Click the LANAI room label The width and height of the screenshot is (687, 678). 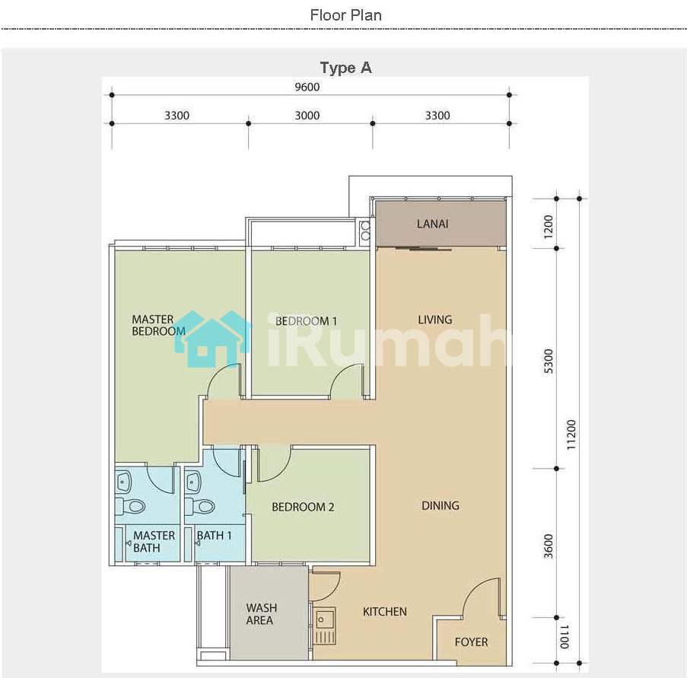432,224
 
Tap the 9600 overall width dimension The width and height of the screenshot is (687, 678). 307,87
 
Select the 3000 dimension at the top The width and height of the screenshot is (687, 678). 307,116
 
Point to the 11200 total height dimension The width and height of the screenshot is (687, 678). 571,434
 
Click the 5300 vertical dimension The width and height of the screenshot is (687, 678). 548,361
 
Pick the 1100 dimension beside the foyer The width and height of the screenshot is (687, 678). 564,637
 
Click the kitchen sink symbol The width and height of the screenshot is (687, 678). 325,625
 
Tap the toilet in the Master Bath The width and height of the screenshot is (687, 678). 131,507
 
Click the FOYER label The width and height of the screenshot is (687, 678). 471,642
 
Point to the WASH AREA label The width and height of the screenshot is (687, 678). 262,614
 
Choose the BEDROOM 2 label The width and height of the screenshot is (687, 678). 303,507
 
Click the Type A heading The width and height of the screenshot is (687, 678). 345,68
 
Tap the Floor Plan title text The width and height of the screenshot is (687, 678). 345,15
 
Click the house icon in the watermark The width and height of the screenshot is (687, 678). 213,339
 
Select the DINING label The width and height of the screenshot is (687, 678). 441,506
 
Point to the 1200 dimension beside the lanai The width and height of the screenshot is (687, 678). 548,227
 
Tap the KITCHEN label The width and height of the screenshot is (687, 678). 385,612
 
